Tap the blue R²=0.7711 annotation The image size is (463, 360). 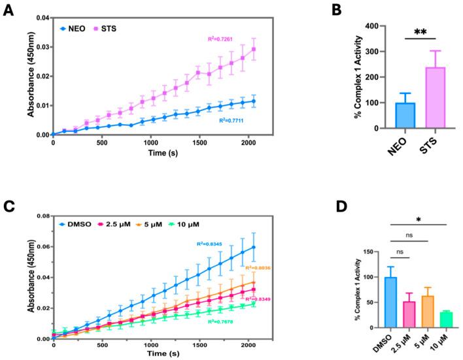237,120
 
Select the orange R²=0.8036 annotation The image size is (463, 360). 255,267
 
